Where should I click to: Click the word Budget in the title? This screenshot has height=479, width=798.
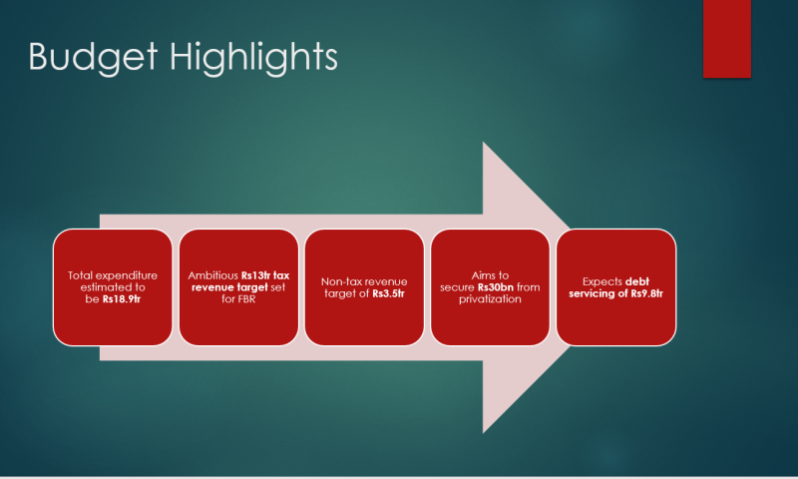pos(93,58)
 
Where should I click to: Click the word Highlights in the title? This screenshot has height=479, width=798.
pos(253,58)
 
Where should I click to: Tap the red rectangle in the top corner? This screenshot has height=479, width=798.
pos(727,39)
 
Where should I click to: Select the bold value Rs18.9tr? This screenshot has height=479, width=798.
pos(121,298)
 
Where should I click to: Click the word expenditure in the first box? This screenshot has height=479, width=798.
pos(127,275)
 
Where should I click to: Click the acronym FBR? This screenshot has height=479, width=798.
pos(245,298)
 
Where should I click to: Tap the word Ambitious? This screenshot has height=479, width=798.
pos(212,275)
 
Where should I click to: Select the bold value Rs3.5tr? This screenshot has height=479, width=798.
pos(388,293)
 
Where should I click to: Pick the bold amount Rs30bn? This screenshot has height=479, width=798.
pos(496,287)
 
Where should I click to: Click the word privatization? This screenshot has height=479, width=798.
pos(490,299)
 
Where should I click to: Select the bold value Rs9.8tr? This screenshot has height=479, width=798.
pos(646,293)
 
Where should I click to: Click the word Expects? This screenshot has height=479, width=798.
pos(602,281)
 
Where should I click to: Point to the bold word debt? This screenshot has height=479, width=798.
pos(637,281)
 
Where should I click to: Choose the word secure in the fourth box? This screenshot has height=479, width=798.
pos(457,287)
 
